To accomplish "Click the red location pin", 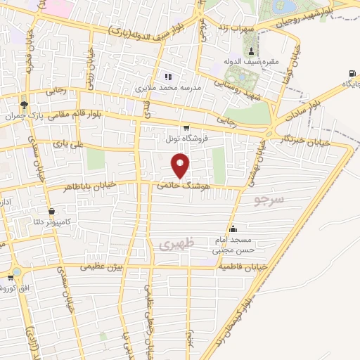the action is pos(181,165).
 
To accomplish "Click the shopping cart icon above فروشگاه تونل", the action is pos(186,128).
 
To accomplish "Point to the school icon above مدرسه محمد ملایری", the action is pos(167,77).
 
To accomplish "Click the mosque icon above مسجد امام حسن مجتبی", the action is pos(233,229).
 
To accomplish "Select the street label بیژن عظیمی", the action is pos(101,267).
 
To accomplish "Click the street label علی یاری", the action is pos(70,143).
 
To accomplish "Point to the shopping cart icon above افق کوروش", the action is pos(13,271).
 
